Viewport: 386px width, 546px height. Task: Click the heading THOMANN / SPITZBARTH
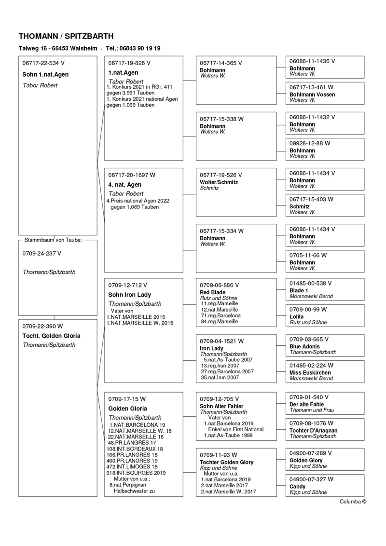click(66, 36)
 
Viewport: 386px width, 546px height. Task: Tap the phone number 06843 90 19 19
click(140, 49)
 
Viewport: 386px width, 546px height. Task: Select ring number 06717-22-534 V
click(43, 63)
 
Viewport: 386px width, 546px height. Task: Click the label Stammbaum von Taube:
click(54, 239)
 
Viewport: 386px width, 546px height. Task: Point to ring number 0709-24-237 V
click(42, 253)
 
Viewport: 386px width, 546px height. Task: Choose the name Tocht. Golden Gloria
click(52, 336)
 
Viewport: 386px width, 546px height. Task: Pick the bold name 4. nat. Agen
click(125, 185)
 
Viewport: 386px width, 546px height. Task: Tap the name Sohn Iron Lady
click(129, 295)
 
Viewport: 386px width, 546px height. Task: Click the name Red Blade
click(212, 292)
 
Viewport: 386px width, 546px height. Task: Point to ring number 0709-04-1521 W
click(222, 341)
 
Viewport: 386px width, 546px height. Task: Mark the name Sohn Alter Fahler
click(221, 406)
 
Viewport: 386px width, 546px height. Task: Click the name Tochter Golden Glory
click(226, 462)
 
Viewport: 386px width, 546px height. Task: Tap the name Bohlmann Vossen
click(312, 95)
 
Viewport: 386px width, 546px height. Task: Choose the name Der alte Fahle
click(306, 404)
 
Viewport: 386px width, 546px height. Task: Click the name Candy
click(297, 486)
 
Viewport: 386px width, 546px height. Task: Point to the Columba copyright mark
click(353, 501)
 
